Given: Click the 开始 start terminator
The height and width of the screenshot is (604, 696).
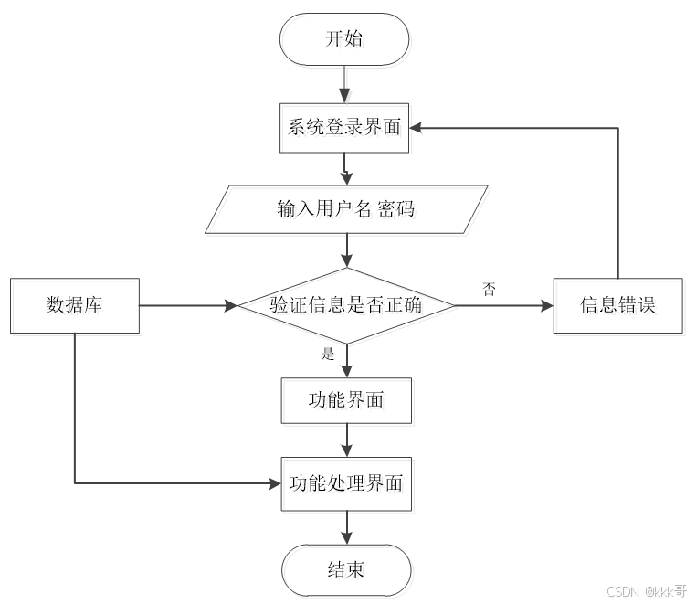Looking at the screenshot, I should pos(345,38).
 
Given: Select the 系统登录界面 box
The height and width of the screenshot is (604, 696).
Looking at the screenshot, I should pos(344,127).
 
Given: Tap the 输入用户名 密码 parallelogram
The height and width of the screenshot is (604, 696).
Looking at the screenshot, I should pos(345,209).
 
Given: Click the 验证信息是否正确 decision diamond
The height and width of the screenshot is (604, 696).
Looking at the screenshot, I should pos(345,305).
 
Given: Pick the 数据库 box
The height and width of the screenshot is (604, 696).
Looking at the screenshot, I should pos(74,305).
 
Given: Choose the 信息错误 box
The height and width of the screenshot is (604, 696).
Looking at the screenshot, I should pos(618,305).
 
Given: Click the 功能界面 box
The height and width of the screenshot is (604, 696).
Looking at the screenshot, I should pos(345,400).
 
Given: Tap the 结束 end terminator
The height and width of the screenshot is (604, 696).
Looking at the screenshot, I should pos(345,568).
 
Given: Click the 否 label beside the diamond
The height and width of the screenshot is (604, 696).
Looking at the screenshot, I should pos(490,289).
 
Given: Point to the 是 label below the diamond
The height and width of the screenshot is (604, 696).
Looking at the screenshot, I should pos(329,354).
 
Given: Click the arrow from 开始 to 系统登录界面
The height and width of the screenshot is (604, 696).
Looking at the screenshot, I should pos(345,84).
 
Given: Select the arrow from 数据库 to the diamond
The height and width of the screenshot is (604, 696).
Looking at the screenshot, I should pos(187,305).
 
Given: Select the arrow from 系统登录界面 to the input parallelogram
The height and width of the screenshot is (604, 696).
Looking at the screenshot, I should pos(345,167).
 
